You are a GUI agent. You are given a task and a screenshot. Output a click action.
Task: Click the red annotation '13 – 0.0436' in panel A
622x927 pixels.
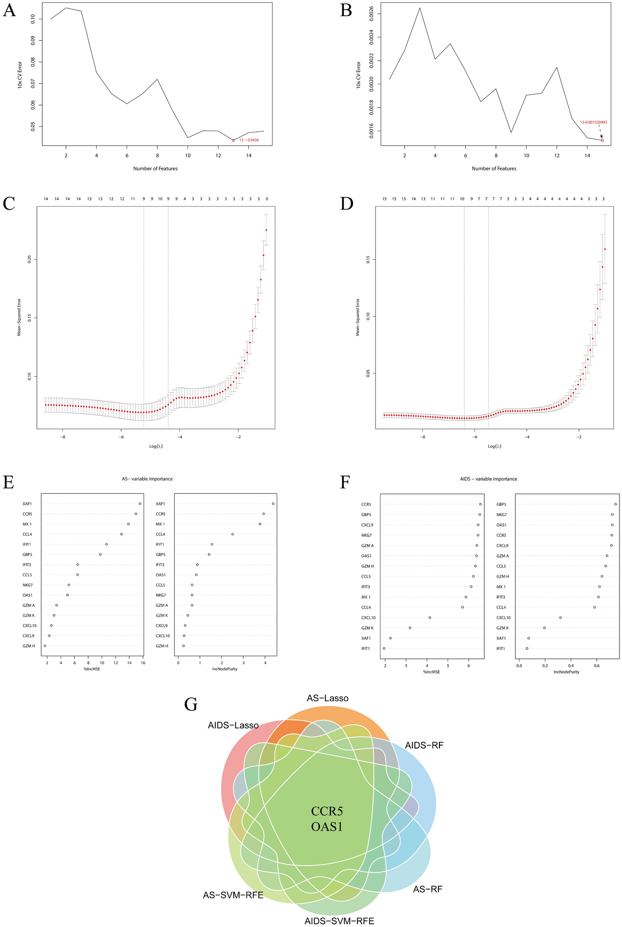click(x=249, y=140)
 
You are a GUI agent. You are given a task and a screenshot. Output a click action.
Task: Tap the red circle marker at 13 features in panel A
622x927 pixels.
click(x=233, y=140)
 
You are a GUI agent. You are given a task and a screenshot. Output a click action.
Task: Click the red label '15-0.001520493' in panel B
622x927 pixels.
click(x=593, y=122)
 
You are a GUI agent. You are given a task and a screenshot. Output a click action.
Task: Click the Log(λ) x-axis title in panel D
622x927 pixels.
click(x=494, y=446)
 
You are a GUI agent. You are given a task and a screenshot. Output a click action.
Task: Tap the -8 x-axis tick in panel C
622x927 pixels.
click(x=63, y=437)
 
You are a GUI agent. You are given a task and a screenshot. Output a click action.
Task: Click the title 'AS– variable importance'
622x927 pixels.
click(x=144, y=479)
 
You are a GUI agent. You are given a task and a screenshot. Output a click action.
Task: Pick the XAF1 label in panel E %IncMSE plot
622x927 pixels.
click(x=27, y=504)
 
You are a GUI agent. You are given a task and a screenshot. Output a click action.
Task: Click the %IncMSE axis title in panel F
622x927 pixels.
click(x=431, y=672)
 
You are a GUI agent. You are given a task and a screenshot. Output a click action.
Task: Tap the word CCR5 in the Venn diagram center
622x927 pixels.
click(x=327, y=811)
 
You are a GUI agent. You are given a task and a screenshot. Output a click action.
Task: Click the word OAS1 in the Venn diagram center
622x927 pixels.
click(x=327, y=827)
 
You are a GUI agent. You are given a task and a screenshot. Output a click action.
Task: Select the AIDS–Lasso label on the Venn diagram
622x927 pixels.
click(x=233, y=726)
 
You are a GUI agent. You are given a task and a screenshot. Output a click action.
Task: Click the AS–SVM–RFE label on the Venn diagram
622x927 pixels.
click(x=233, y=895)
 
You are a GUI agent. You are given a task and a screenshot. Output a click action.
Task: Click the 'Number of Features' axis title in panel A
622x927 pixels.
click(x=155, y=168)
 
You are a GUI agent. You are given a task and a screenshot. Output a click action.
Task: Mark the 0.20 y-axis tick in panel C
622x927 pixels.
click(x=29, y=259)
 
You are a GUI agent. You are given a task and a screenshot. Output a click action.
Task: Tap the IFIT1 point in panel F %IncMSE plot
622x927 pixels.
click(x=384, y=649)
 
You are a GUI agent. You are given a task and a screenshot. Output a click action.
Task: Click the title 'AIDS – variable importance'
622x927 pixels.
click(x=488, y=479)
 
